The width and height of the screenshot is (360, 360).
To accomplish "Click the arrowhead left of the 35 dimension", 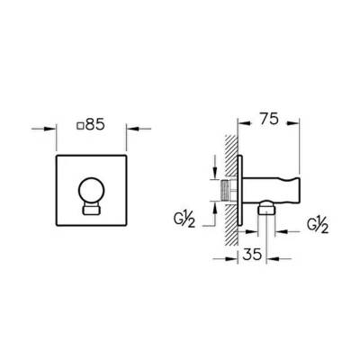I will click(229, 255).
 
